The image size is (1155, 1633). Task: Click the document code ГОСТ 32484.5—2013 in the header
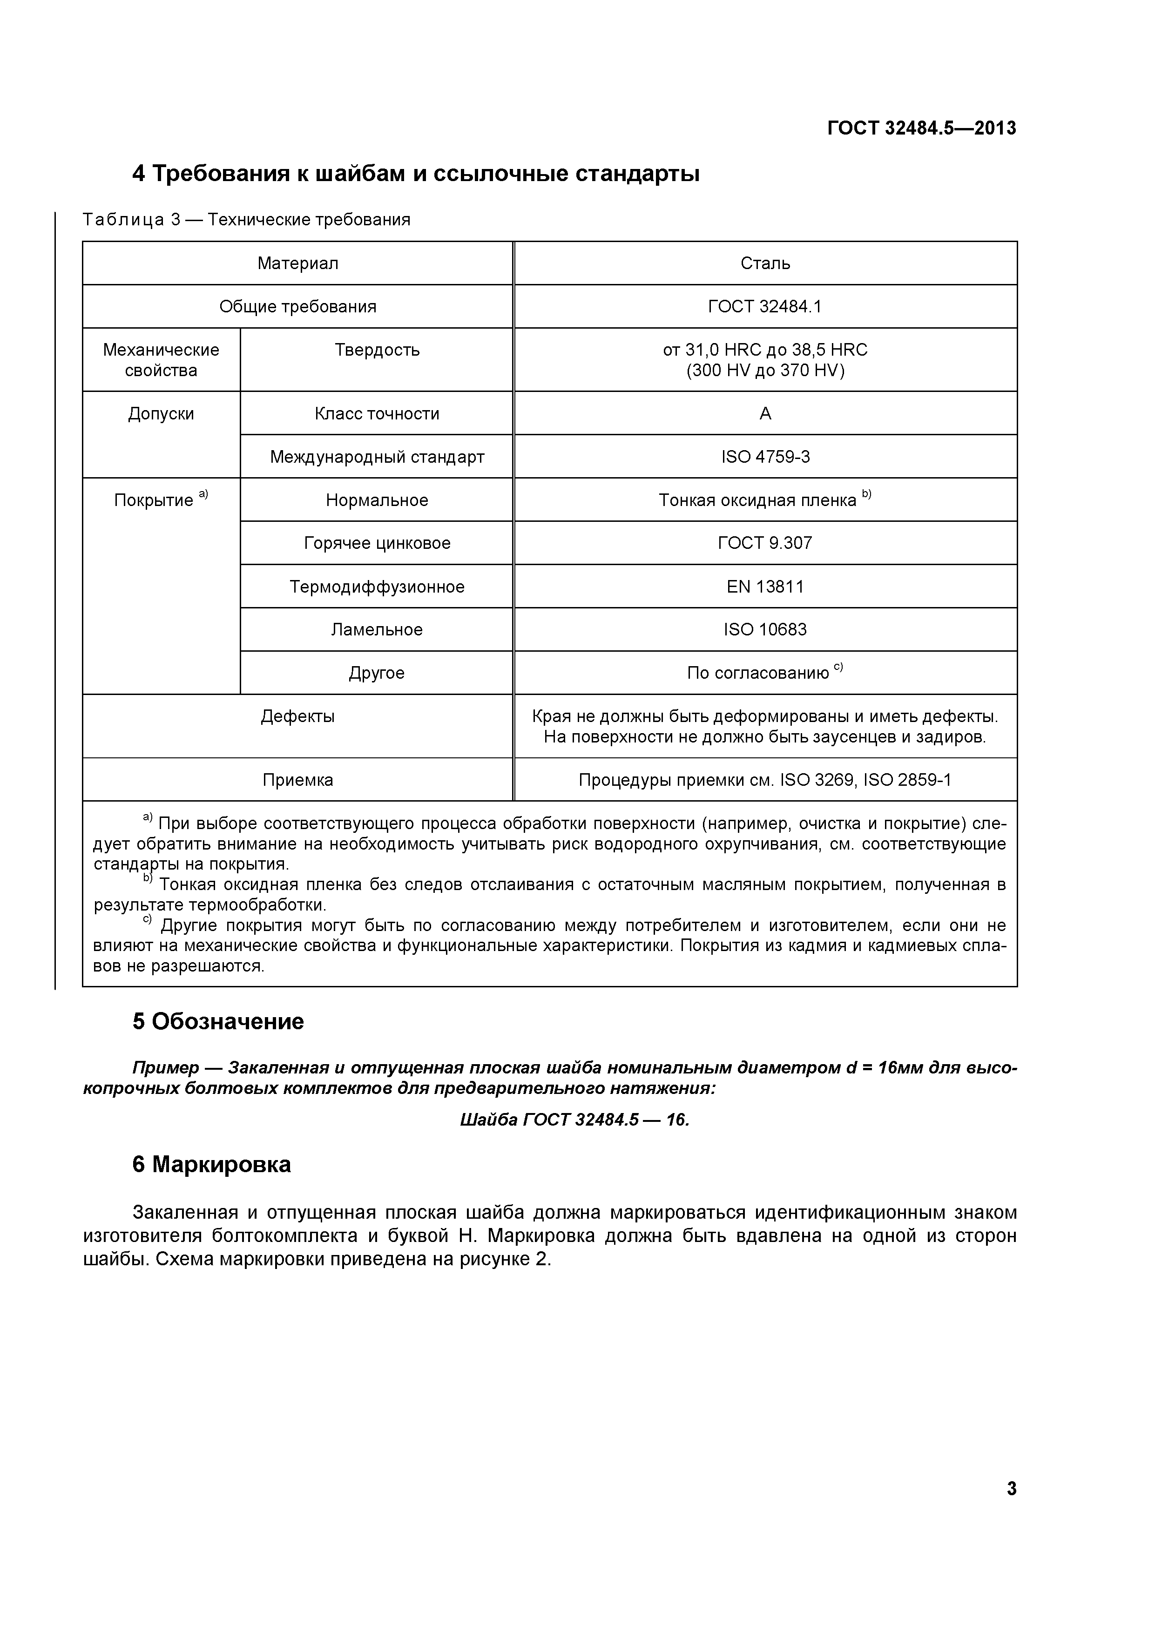tap(922, 128)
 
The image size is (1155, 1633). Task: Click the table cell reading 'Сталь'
tap(765, 263)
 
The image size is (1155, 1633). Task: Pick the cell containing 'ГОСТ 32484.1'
tap(765, 307)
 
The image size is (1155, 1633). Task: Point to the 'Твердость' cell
tap(377, 350)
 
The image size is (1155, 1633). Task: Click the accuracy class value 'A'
tap(765, 414)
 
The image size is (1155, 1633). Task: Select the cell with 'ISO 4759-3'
tap(765, 457)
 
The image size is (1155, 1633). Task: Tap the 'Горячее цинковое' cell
tap(377, 543)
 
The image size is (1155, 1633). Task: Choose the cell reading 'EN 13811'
tap(765, 587)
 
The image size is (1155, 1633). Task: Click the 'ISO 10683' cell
tap(765, 629)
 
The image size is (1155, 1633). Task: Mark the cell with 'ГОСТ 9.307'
tap(765, 543)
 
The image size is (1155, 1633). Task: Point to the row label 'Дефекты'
tap(297, 716)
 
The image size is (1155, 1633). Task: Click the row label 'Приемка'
tap(297, 780)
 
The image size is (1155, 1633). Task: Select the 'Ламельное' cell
tap(377, 629)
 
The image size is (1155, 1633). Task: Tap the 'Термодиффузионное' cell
tap(377, 587)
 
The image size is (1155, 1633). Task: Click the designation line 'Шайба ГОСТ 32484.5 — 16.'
tap(574, 1120)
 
